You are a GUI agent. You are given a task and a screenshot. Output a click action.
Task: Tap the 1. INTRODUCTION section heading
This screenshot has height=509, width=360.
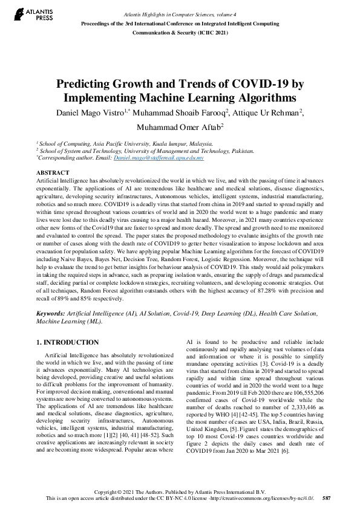click(68, 343)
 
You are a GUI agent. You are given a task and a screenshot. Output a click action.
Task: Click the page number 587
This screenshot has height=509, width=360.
click(326, 499)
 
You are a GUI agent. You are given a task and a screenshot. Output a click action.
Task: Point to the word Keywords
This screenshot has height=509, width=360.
click(50, 315)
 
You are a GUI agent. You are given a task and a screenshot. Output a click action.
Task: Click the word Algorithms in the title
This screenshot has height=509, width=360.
click(257, 97)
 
